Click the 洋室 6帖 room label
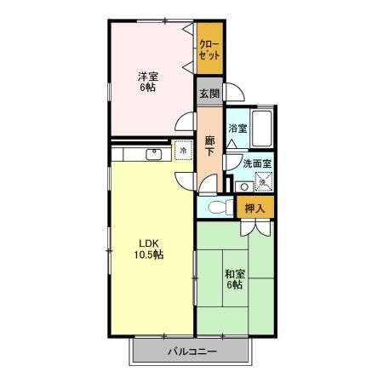[x=147, y=82]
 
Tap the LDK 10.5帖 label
[x=149, y=249]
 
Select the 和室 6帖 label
[x=235, y=279]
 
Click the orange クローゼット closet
[x=209, y=49]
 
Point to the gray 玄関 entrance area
[x=209, y=91]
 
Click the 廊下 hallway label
[x=209, y=146]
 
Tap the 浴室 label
[x=237, y=129]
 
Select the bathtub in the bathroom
[x=262, y=128]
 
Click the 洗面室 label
[x=257, y=164]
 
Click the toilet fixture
[x=221, y=207]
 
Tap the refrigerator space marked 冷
[x=183, y=150]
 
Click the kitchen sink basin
[x=154, y=154]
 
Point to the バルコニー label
[x=192, y=352]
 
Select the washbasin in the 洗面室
[x=244, y=186]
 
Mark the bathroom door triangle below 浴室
[x=232, y=145]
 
